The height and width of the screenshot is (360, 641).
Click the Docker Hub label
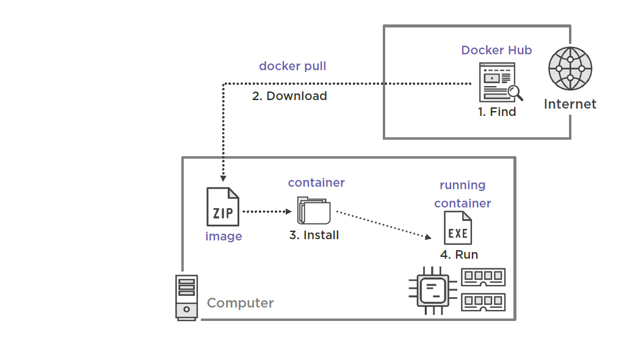(x=496, y=50)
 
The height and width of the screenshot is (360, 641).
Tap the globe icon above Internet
(x=570, y=68)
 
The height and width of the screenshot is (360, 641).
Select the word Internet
(x=570, y=104)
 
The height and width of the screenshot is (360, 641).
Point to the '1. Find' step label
(x=496, y=112)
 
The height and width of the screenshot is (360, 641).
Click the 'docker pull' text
(x=292, y=66)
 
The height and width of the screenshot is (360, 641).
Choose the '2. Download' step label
(x=289, y=96)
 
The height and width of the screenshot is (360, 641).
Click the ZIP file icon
(x=223, y=207)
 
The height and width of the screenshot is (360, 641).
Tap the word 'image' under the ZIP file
(x=223, y=236)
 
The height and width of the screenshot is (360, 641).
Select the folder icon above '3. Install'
(x=314, y=211)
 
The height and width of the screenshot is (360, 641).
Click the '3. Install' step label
(x=314, y=235)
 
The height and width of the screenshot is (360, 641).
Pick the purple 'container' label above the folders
(x=316, y=182)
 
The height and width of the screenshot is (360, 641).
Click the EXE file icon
(x=457, y=228)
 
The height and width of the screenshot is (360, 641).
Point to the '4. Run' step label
(x=459, y=254)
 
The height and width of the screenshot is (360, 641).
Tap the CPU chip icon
(x=433, y=290)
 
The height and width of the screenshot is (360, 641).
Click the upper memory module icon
(x=483, y=278)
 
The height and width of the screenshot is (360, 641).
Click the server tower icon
(x=186, y=297)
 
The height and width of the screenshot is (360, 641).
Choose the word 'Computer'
(x=240, y=303)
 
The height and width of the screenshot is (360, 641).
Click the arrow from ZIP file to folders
(x=267, y=212)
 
